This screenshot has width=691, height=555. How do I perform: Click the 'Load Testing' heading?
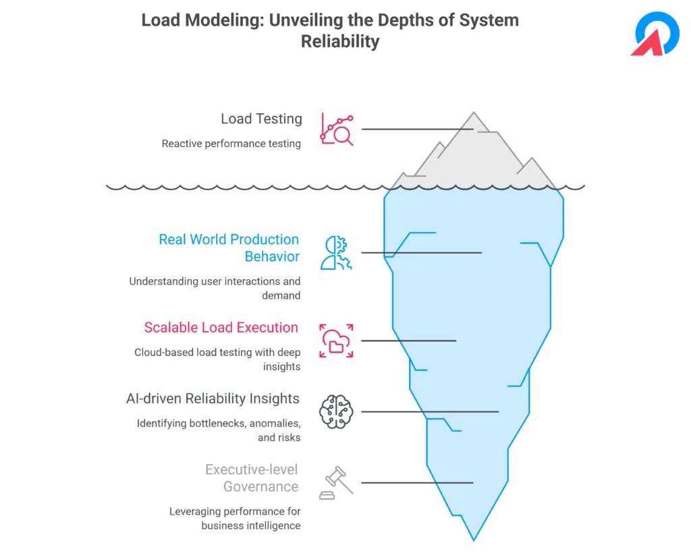coord(261,119)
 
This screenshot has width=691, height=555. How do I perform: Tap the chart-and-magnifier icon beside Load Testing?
coord(337,129)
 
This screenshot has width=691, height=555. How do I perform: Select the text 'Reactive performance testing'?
coord(231,144)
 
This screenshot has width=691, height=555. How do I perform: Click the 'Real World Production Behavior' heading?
coord(229,247)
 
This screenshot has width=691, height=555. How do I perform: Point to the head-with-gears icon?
coord(336,253)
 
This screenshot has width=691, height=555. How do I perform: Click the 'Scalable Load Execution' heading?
coord(221,328)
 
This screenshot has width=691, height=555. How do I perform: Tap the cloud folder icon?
coord(336,341)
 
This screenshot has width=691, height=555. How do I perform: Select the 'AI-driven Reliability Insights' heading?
coord(213,399)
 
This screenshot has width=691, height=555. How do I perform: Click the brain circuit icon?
coord(336,412)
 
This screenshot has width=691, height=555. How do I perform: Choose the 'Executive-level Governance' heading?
coord(252,478)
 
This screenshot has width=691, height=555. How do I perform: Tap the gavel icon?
coord(336,483)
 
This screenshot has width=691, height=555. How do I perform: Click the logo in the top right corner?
coord(655,34)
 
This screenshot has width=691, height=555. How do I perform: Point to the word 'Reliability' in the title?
coord(340,41)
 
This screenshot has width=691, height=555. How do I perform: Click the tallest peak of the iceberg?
coord(474,113)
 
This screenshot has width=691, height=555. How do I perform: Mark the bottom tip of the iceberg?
coord(474,540)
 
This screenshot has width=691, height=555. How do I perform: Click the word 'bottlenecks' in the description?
coord(218,423)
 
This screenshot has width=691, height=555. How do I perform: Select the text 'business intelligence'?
coord(251,526)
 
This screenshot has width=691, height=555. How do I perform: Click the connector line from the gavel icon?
coord(417,483)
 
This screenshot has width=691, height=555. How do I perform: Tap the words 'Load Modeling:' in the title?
coord(203,20)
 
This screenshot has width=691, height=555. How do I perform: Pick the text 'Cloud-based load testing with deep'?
coord(218,353)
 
